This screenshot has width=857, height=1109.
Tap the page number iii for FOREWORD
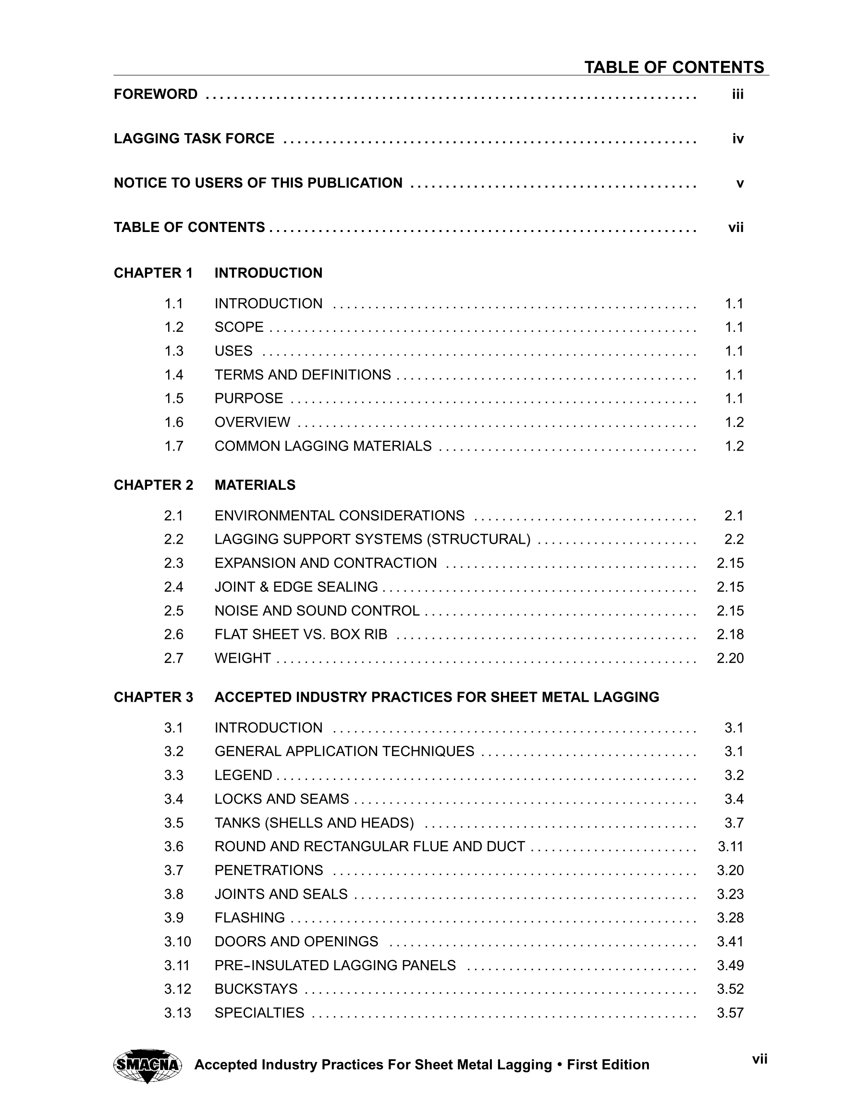tap(737, 95)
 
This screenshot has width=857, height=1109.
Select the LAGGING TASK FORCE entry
tap(194, 139)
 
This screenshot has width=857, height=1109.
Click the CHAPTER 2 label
tap(153, 485)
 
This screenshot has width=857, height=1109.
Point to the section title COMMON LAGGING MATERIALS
tap(323, 446)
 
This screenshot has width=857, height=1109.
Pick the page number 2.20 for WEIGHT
tap(730, 658)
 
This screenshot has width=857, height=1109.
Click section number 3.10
tap(177, 941)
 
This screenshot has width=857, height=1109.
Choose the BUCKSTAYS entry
tap(256, 988)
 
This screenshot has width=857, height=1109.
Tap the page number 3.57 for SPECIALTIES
tap(730, 1012)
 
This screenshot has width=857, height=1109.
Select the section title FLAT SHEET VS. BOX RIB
tap(301, 634)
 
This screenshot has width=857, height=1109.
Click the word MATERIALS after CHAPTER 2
tap(255, 485)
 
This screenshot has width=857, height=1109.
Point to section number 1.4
tap(174, 375)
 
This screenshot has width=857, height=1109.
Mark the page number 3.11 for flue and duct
tap(731, 846)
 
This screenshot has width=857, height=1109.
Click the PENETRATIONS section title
tap(269, 870)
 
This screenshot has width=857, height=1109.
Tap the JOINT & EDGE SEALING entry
tap(296, 587)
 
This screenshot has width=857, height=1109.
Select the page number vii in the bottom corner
tap(759, 1059)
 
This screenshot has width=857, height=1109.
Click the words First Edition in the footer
tap(608, 1065)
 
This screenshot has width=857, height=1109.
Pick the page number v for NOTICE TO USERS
tap(740, 183)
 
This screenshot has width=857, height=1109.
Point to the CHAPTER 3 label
tap(153, 697)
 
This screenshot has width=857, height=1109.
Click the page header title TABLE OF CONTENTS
tap(674, 67)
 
